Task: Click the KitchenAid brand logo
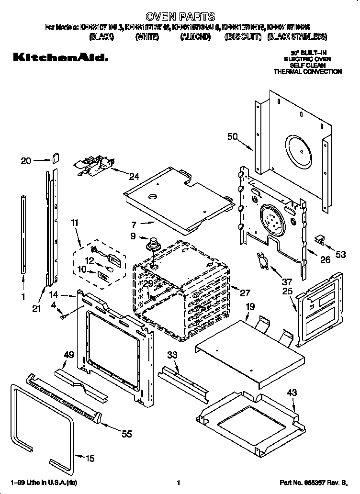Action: [59, 58]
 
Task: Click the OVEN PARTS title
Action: [180, 17]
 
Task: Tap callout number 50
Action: [232, 137]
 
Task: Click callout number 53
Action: [340, 255]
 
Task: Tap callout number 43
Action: [292, 392]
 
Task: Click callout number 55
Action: [126, 434]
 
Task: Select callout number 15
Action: [90, 458]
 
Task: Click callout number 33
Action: [172, 354]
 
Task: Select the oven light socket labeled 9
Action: [153, 244]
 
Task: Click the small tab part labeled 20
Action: [55, 157]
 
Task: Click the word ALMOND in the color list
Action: [195, 36]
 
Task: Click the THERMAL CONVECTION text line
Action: [307, 71]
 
